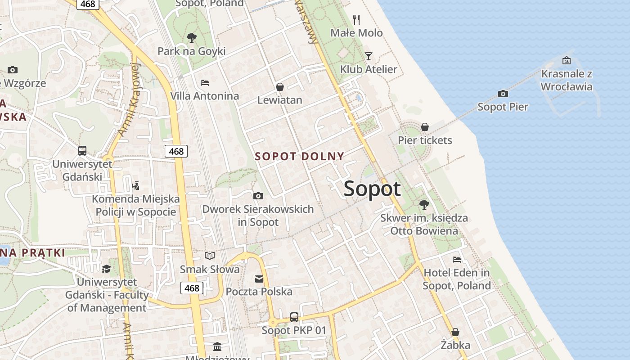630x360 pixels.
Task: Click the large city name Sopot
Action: coord(372,189)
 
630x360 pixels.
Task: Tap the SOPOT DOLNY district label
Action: coord(299,157)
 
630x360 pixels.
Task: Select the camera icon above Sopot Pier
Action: coord(503,94)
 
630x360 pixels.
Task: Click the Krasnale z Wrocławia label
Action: coord(567,80)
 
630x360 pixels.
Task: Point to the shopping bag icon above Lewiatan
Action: coord(280,86)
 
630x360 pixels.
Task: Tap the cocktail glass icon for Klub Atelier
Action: coord(369,56)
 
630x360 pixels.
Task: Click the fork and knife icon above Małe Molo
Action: coord(356,19)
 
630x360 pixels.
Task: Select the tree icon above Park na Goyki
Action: coord(192,37)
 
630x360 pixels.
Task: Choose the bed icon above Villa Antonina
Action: coord(204,82)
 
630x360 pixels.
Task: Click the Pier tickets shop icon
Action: coord(425,127)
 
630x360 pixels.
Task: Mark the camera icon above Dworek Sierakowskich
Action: coord(258,196)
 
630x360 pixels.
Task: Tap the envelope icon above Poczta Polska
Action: coord(259,279)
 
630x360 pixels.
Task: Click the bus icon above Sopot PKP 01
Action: coord(294,317)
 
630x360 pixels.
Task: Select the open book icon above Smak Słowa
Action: coord(210,256)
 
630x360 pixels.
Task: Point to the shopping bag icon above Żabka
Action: coord(455,332)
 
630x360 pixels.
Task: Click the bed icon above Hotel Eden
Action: coord(457,259)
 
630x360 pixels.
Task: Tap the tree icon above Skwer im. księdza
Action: coord(424,205)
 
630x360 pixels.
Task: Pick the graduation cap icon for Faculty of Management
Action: coord(106,269)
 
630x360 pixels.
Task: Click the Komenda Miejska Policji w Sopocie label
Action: coord(136,205)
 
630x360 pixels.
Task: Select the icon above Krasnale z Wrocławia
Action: coord(567,60)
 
